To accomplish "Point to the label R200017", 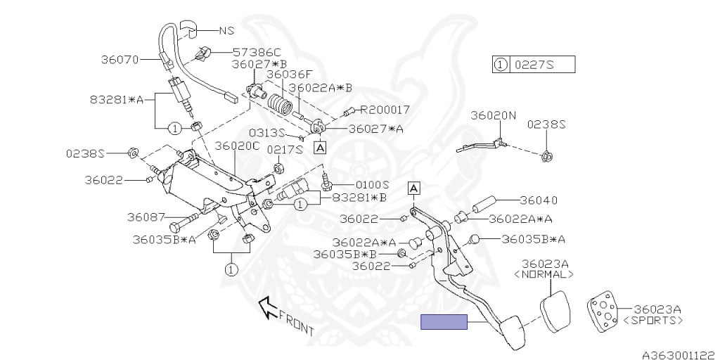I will (385, 110).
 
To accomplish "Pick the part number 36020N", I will (493, 115).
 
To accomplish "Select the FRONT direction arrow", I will (266, 305).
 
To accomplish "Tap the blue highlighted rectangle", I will (444, 322).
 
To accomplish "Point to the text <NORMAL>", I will (544, 275).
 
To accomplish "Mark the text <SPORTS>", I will (653, 320).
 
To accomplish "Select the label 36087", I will (146, 217).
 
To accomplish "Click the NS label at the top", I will (225, 31).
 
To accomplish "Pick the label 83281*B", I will (359, 198).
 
